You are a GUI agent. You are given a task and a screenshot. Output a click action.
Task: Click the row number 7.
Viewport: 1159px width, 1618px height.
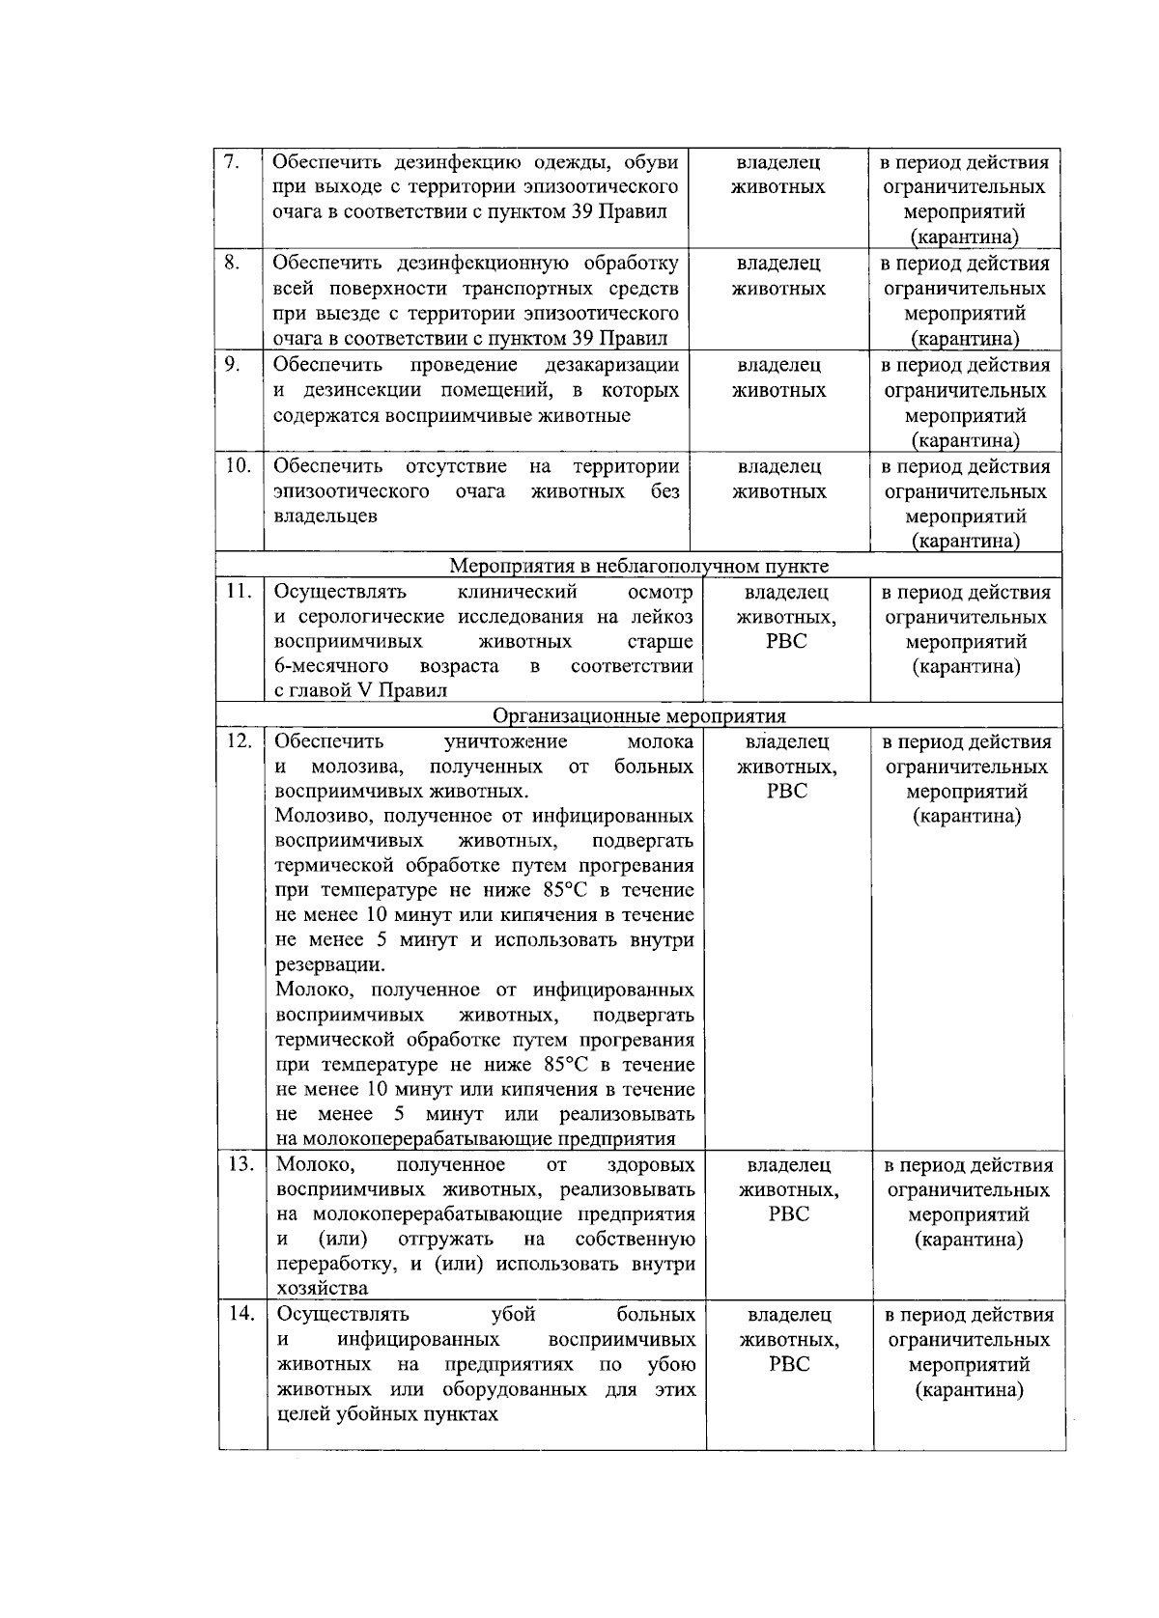231,162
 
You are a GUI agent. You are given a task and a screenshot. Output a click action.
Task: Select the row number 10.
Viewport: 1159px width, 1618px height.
238,466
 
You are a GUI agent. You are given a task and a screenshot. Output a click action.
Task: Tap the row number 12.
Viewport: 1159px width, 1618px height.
239,741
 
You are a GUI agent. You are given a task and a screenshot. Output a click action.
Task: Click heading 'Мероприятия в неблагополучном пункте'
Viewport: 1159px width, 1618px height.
639,566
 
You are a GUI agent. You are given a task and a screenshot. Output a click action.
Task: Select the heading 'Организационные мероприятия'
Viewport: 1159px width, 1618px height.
639,716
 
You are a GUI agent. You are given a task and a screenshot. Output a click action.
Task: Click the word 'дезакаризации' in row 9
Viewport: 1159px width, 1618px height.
611,365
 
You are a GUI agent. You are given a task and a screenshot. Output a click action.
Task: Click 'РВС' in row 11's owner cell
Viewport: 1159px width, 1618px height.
786,642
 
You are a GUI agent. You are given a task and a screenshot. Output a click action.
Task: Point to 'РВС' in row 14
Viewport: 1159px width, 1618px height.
789,1364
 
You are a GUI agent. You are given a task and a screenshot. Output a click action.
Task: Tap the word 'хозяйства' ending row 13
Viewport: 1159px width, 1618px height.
322,1289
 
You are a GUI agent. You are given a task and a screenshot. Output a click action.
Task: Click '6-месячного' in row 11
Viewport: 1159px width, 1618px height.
331,666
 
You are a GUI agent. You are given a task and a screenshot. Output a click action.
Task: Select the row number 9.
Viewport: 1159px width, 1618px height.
232,365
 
